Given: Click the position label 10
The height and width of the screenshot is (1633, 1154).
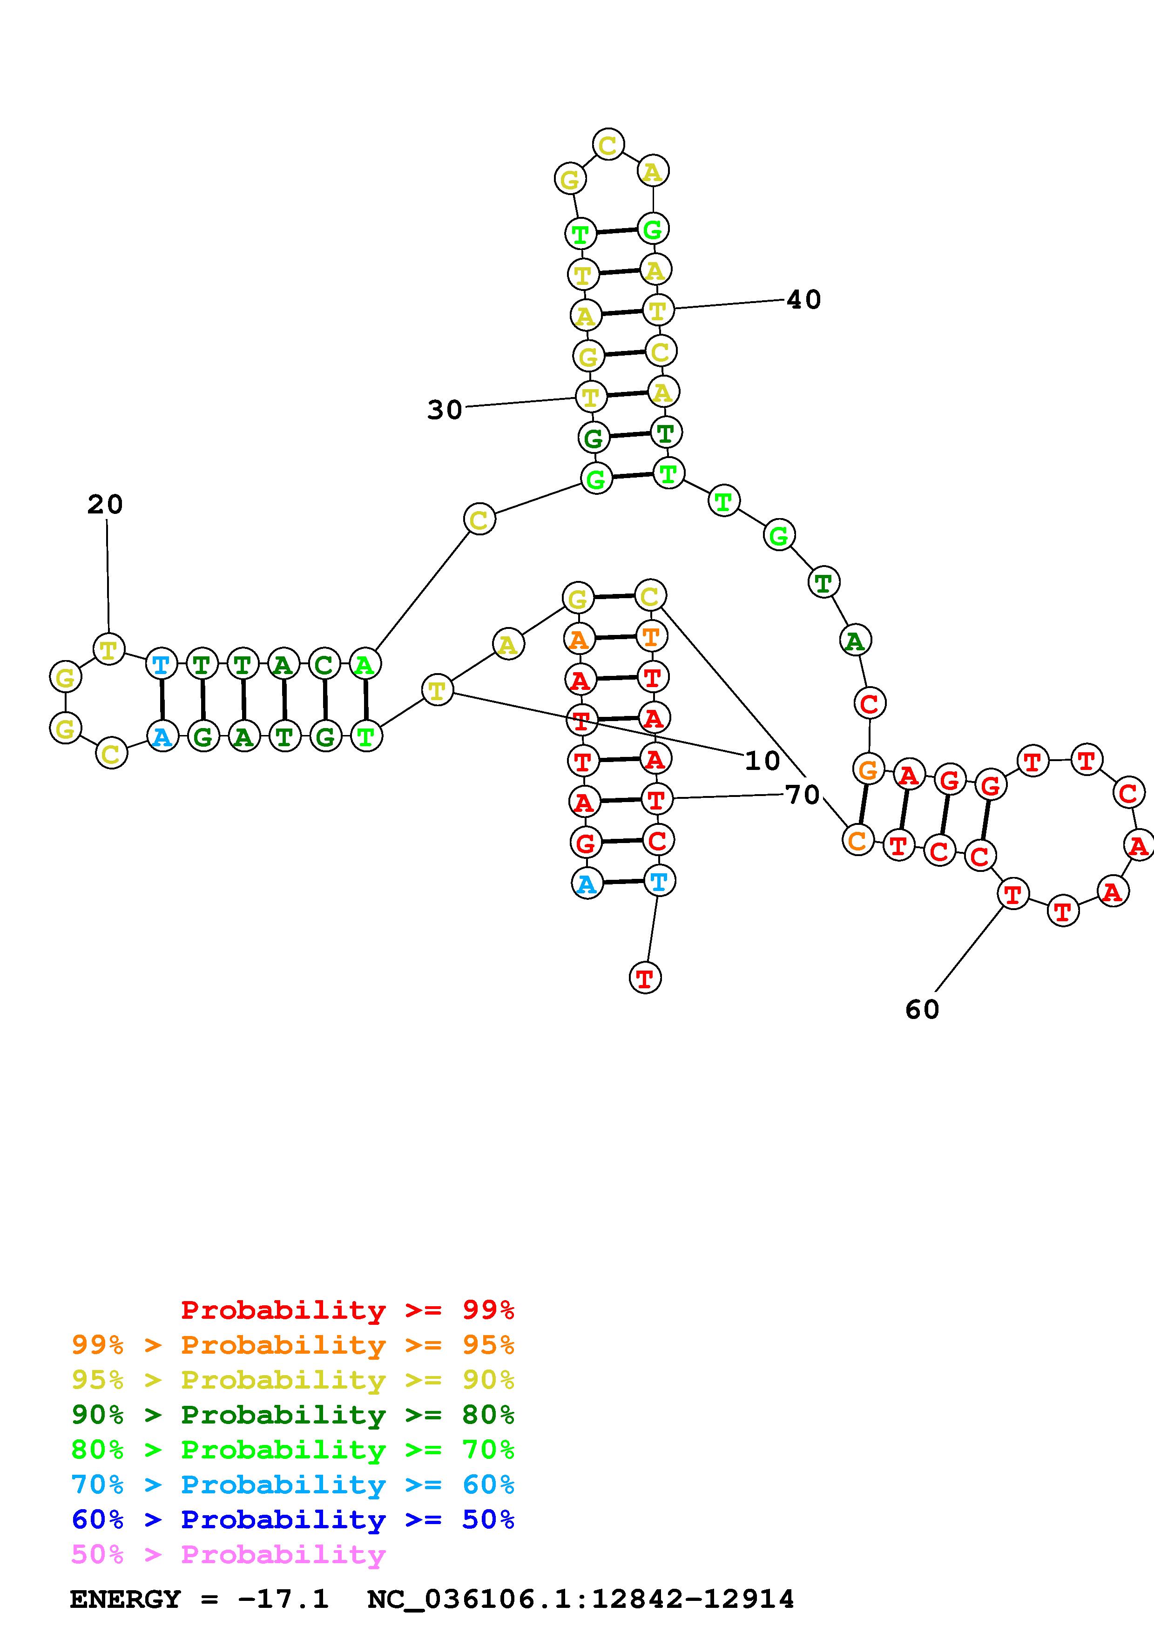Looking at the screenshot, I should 762,762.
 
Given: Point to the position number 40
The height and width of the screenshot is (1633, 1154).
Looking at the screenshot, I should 803,299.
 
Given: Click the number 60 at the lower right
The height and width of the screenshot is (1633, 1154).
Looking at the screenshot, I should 922,1009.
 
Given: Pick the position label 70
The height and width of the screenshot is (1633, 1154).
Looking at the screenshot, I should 803,795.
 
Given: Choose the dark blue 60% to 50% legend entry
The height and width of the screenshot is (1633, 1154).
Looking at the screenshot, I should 293,1520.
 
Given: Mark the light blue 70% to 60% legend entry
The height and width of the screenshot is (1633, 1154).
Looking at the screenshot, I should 293,1485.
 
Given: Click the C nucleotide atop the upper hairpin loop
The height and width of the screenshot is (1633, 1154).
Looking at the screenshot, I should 608,145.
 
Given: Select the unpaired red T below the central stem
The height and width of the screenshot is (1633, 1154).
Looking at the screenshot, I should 645,978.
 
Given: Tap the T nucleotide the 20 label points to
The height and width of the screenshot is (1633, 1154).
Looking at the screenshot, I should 109,648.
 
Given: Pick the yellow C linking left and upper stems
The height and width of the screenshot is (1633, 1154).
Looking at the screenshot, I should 479,520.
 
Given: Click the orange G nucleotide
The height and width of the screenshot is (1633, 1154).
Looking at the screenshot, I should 868,769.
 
